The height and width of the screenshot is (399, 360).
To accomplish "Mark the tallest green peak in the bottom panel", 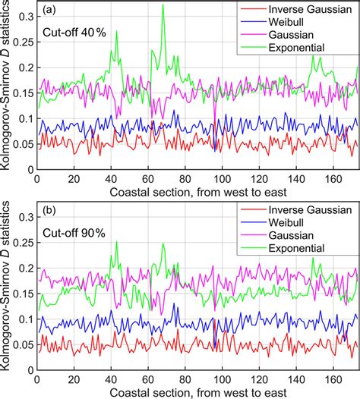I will coord(116,242).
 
